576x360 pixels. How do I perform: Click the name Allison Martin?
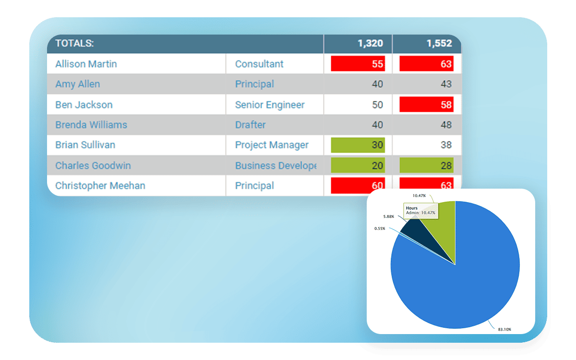click(86, 64)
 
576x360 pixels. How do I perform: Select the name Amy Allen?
click(78, 84)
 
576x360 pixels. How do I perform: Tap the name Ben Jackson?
click(84, 105)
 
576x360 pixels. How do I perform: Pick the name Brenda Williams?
click(91, 125)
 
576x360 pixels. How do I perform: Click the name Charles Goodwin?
click(93, 166)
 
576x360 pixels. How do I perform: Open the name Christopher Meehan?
click(100, 186)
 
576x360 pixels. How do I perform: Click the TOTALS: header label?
click(74, 43)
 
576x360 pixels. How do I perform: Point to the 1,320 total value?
click(370, 43)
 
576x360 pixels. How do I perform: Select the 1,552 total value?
click(439, 43)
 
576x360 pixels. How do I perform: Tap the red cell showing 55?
click(358, 64)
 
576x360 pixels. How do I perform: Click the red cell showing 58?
click(427, 105)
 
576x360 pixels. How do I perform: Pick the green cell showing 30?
click(358, 145)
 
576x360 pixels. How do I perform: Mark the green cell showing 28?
click(427, 166)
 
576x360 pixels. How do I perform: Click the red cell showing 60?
click(358, 186)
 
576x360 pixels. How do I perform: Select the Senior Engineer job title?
click(270, 105)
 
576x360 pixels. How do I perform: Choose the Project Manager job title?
click(272, 145)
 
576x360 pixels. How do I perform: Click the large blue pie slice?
click(461, 278)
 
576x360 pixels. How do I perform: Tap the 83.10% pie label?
click(504, 329)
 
